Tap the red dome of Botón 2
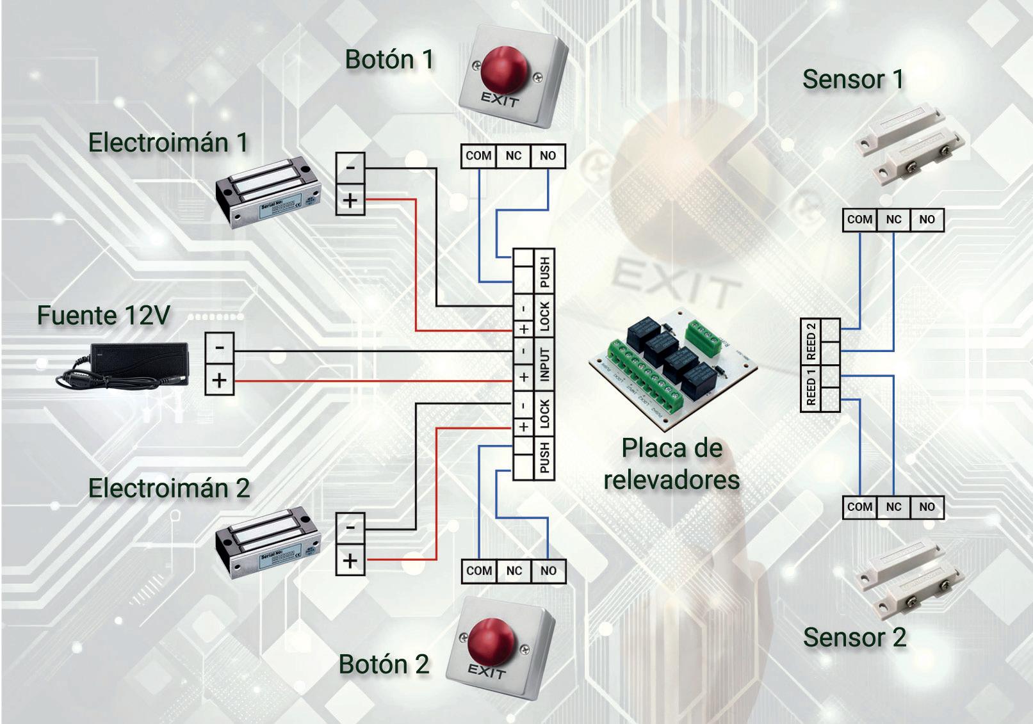491,640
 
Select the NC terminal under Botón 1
513,156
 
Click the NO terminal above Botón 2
548,570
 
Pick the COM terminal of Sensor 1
859,220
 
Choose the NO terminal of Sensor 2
927,507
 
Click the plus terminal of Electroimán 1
350,200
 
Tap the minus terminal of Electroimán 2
350,527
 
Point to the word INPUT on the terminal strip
544,365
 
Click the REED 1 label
811,387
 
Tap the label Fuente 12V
104,316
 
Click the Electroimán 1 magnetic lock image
268,191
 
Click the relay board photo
672,368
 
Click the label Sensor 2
854,638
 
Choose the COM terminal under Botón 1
478,156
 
